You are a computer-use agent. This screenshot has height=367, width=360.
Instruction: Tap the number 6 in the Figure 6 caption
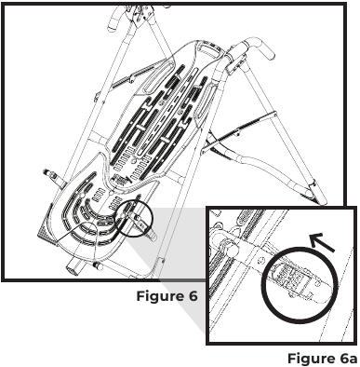tap(191, 296)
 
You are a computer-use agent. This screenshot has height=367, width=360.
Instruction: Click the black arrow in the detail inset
tap(322, 243)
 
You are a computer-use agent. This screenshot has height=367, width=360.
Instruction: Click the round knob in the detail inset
tap(232, 250)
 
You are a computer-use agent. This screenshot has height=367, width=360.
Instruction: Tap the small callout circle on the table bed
tap(133, 218)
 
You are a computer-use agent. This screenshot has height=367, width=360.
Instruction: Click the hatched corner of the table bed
tap(46, 230)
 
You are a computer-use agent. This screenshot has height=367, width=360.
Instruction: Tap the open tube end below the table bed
tap(73, 266)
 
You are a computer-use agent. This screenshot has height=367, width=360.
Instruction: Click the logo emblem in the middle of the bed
tap(123, 180)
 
